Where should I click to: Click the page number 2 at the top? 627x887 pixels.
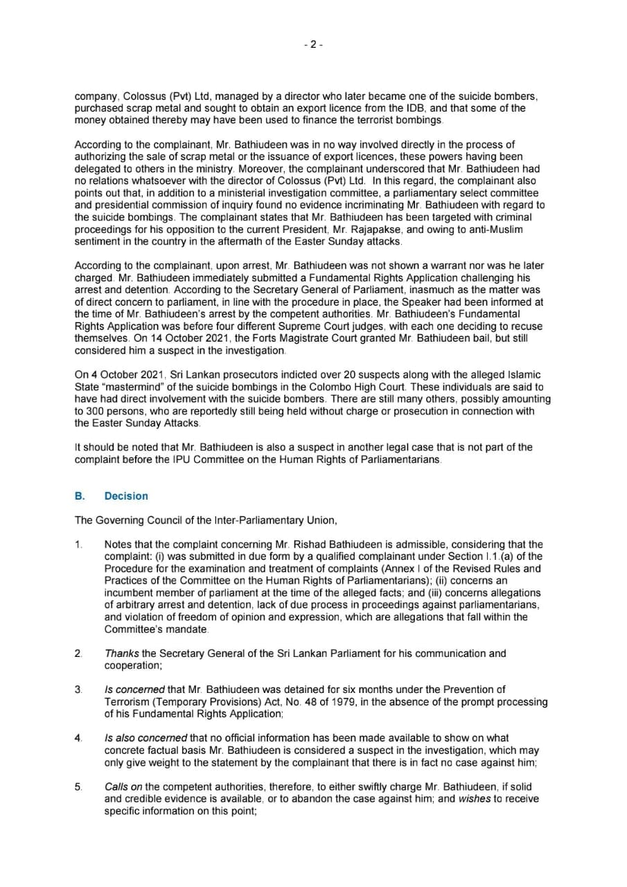coord(313,44)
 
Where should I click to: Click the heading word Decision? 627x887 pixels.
coord(126,496)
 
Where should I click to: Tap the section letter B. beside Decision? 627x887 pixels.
coord(80,496)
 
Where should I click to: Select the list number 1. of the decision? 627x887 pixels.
coord(78,545)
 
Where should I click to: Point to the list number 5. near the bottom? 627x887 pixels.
coord(78,787)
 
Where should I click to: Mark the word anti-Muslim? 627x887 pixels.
coord(488,229)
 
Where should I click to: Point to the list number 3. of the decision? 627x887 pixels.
coord(78,690)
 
